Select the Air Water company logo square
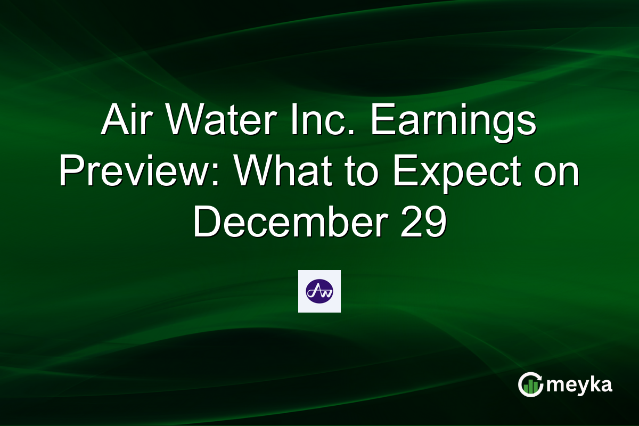tap(319, 291)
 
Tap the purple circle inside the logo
tap(319, 291)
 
